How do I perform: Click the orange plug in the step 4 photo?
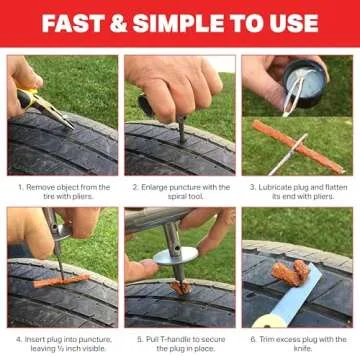coord(62,279)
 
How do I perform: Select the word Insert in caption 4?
coord(37,338)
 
